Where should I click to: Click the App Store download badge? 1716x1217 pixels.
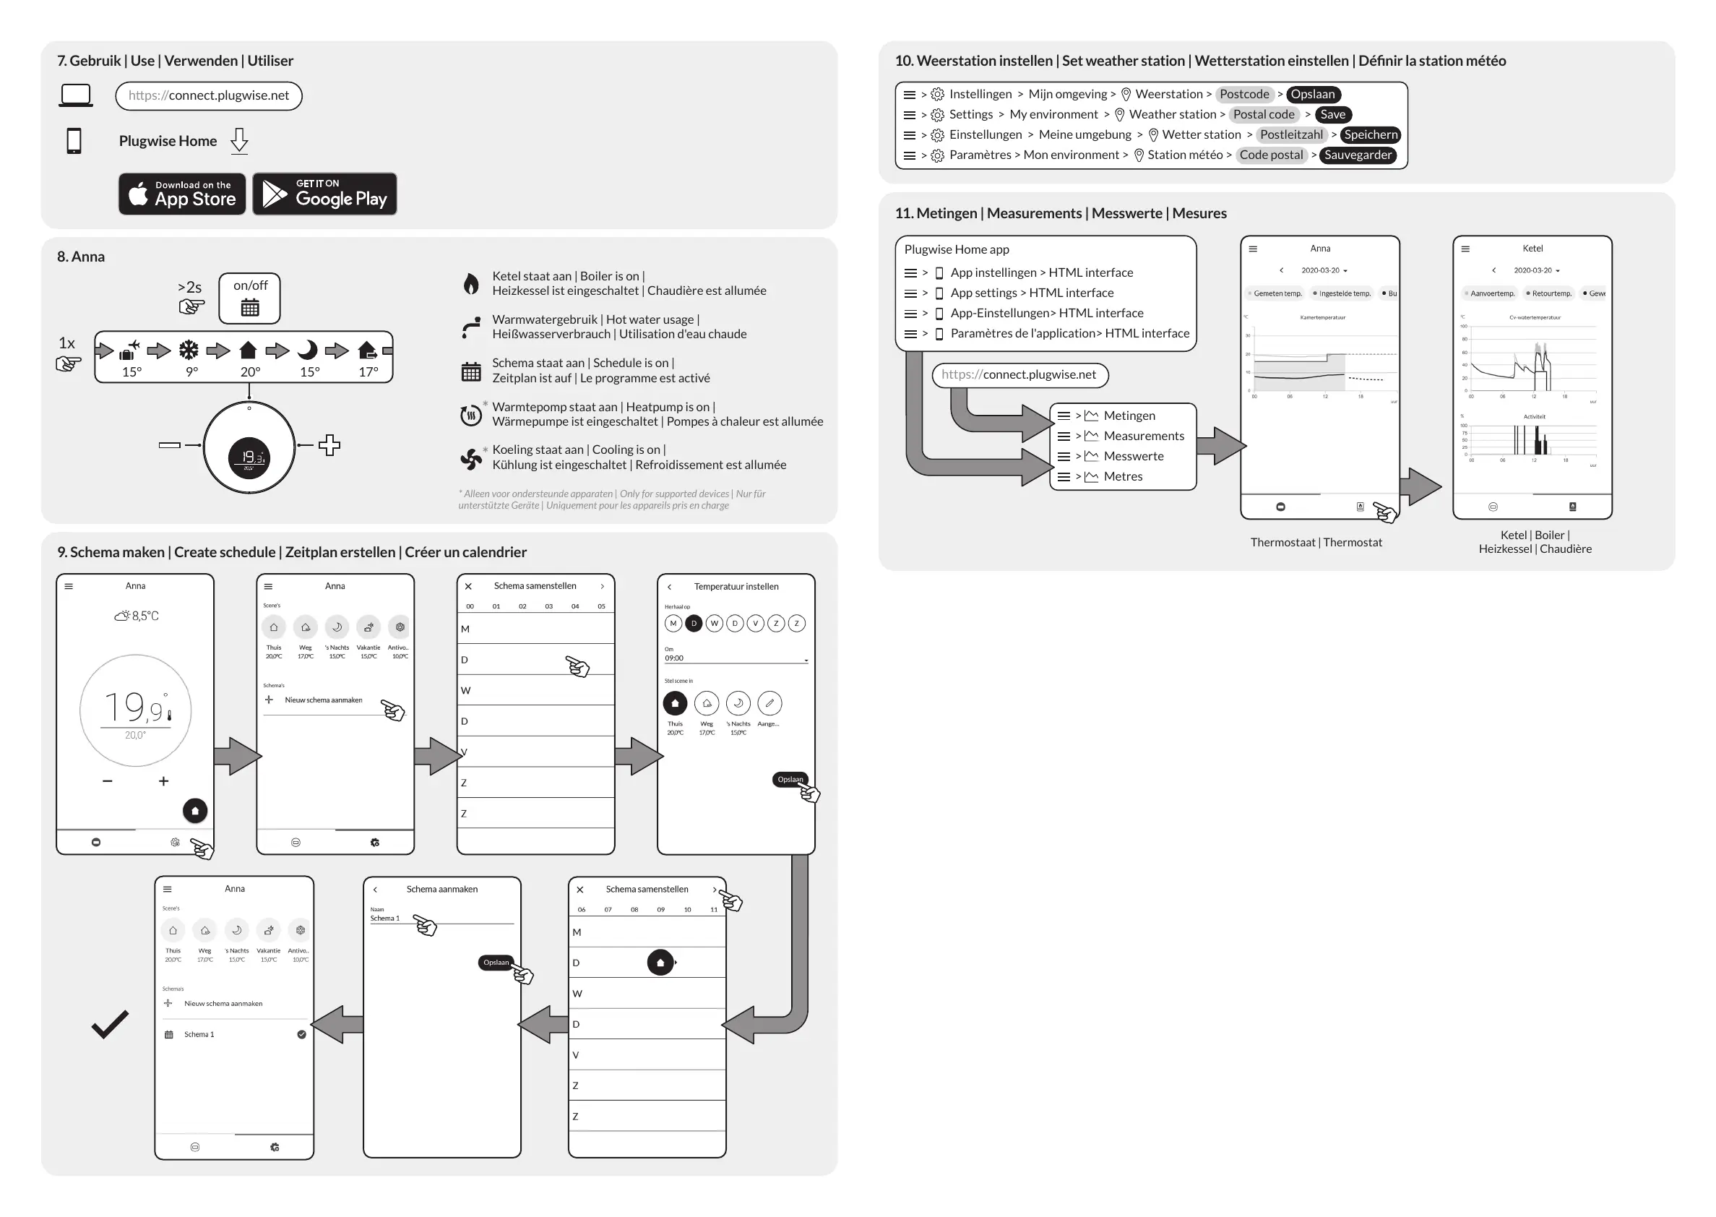coord(182,194)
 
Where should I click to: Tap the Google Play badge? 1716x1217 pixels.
coord(324,194)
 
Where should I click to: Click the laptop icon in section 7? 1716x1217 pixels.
coord(76,96)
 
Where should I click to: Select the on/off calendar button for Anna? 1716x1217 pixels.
coord(249,298)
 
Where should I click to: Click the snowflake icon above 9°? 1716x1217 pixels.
coord(189,350)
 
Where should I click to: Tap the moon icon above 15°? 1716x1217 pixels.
coord(307,350)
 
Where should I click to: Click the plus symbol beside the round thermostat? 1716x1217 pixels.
coord(329,445)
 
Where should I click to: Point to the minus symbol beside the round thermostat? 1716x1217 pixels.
coord(170,445)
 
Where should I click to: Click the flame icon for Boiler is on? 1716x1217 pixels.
coord(470,283)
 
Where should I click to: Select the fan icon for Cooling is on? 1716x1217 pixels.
coord(470,458)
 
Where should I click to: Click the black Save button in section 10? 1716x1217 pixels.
coord(1332,115)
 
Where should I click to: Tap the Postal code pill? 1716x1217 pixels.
coord(1264,115)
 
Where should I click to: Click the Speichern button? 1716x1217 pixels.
coord(1370,135)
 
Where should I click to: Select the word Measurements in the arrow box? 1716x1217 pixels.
coord(1143,437)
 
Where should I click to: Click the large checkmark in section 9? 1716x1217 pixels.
coord(110,1025)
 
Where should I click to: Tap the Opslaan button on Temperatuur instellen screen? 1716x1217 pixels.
coord(790,779)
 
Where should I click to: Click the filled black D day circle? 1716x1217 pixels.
coord(694,624)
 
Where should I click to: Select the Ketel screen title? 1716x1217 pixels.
coord(1532,249)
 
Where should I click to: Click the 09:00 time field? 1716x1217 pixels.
coord(734,658)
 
